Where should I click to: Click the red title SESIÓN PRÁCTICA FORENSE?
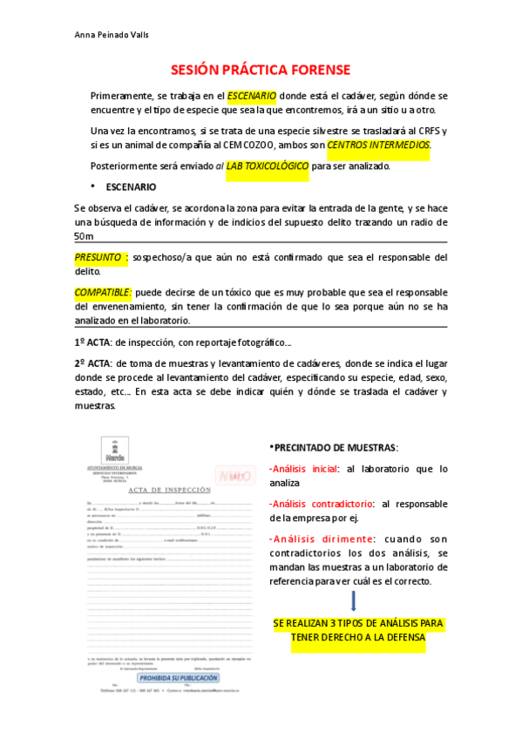pos(260,69)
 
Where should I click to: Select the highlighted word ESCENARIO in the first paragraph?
pos(252,94)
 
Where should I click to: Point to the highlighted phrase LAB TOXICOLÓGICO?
pos(267,166)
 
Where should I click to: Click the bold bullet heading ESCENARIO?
pos(131,186)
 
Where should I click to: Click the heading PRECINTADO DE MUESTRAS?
pos(336,447)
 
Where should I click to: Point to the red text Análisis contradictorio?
pos(322,504)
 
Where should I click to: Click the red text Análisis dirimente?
pos(313,539)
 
